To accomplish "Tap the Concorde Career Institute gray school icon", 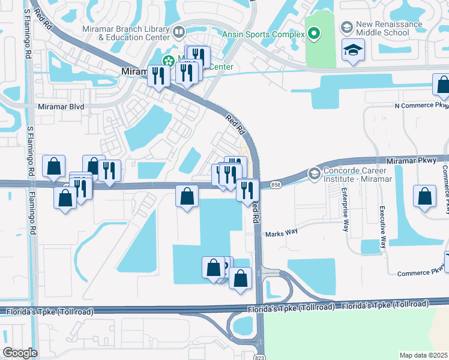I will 313,173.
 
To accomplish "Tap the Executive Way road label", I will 382,228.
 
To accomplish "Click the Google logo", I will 20,353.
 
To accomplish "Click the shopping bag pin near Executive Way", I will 424,196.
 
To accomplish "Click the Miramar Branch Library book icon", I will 179,32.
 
